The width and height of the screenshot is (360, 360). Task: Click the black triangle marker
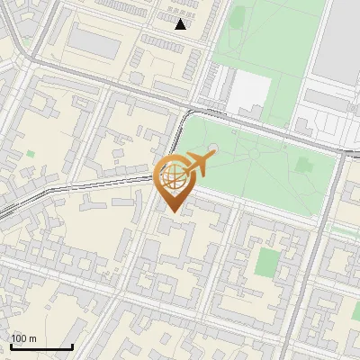point(181,24)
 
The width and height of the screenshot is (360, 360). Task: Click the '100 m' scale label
point(23,338)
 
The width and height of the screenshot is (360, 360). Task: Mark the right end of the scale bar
point(72,347)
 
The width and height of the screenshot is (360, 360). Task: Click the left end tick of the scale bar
point(10,347)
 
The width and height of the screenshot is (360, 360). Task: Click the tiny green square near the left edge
point(31,154)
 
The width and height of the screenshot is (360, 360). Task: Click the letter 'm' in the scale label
point(32,338)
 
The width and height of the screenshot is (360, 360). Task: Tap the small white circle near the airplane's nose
point(213,148)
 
